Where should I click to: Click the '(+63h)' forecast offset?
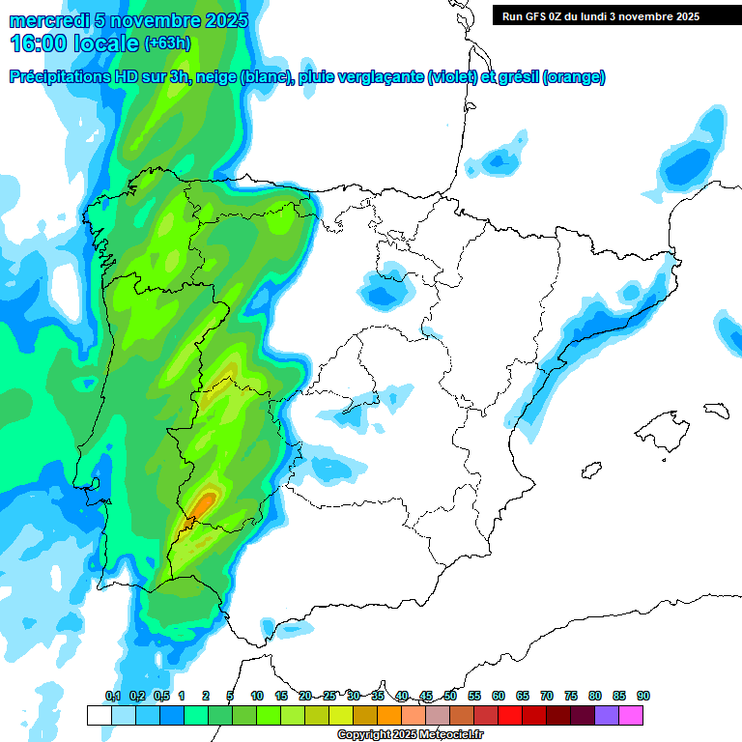pyautogui.click(x=167, y=43)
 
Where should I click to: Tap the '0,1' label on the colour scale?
pyautogui.click(x=112, y=697)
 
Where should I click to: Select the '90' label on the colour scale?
pyautogui.click(x=643, y=697)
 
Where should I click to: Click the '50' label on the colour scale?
pyautogui.click(x=450, y=697)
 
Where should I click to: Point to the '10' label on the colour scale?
pyautogui.click(x=257, y=697)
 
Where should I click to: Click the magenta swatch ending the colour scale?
pyautogui.click(x=631, y=715)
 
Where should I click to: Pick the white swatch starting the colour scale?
pyautogui.click(x=99, y=715)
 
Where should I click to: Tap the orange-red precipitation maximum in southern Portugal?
pyautogui.click(x=203, y=503)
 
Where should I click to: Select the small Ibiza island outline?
pyautogui.click(x=588, y=471)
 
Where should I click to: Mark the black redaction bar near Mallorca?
pyautogui.click(x=714, y=410)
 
